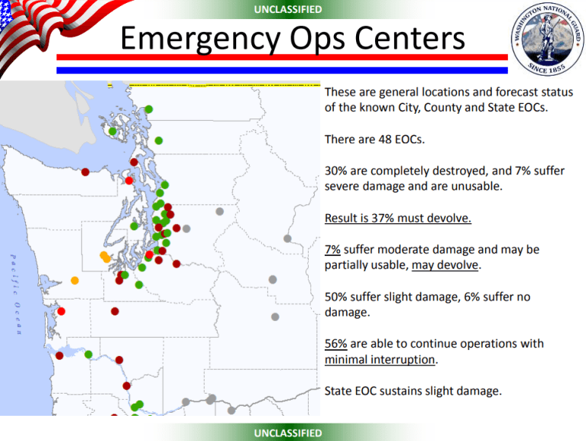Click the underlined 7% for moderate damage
click(x=332, y=249)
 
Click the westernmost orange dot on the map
click(x=74, y=280)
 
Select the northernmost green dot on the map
click(x=148, y=109)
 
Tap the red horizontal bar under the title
click(x=283, y=57)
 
